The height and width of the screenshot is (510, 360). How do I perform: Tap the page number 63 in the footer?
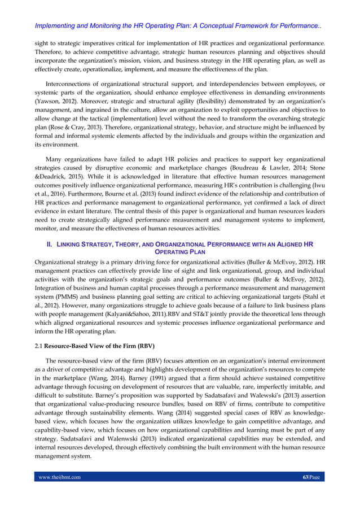tap(305, 477)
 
